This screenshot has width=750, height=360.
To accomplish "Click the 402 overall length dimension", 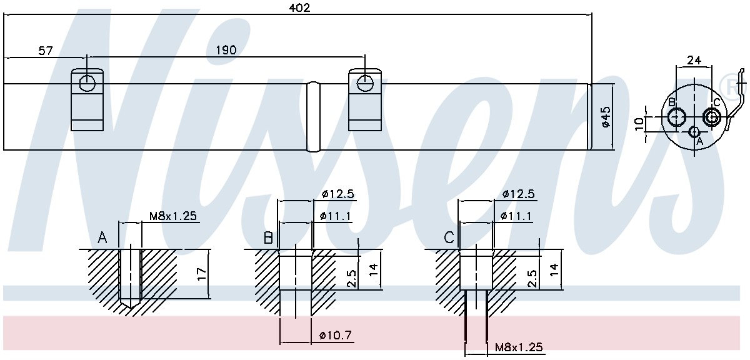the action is (x=299, y=7).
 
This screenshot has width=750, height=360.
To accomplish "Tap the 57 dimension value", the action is (x=46, y=51).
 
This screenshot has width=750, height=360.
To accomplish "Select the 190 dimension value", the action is (x=226, y=50).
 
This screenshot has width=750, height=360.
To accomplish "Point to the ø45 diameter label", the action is (x=606, y=116).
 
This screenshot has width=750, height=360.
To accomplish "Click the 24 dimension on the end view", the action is (x=694, y=60).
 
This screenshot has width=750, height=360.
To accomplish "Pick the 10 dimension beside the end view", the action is (x=639, y=124).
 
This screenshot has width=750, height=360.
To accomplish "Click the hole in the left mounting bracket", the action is (x=87, y=83).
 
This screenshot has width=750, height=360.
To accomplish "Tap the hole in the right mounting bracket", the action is (x=364, y=83).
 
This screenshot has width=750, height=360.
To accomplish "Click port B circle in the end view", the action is (x=677, y=117).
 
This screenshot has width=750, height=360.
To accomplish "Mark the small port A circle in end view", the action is (x=694, y=132).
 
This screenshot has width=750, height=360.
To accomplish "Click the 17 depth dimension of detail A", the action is (x=201, y=274).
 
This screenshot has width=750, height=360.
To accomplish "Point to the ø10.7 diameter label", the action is (x=336, y=335).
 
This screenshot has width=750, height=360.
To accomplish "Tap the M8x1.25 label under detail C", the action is (x=519, y=347).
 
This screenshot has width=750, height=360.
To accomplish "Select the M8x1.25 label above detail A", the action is (x=172, y=216).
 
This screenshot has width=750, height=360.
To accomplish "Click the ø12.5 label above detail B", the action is (x=338, y=194).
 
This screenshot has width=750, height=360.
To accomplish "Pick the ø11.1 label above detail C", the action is (x=516, y=216).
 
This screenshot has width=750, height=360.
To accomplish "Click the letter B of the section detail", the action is (x=268, y=238).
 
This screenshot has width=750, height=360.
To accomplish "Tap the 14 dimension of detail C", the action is (x=554, y=269).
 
